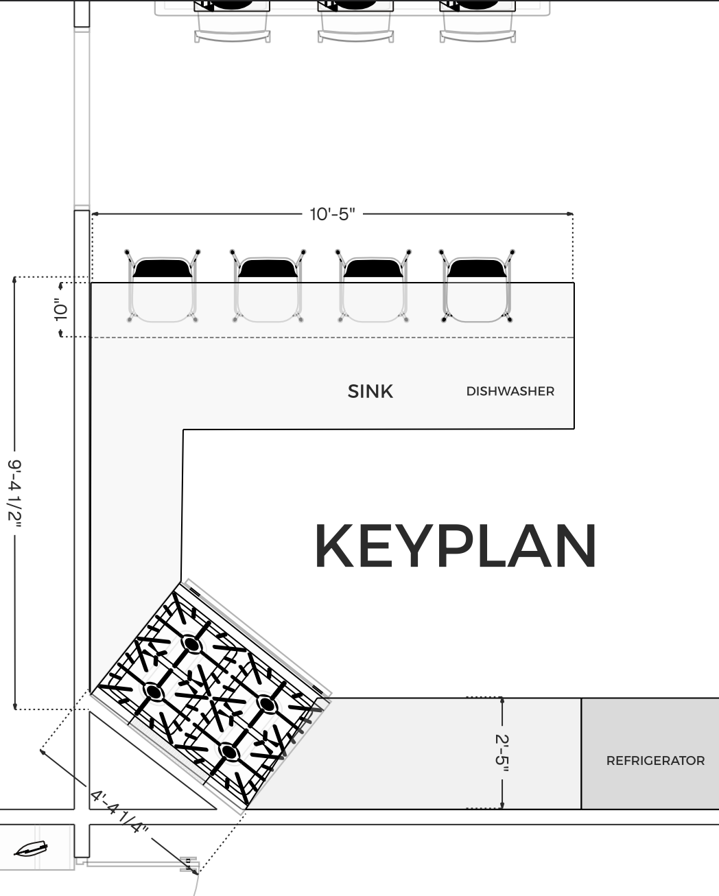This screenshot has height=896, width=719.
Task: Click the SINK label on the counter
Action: click(x=370, y=391)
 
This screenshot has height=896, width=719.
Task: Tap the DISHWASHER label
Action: click(x=510, y=391)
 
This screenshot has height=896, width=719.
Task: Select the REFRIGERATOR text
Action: click(x=655, y=761)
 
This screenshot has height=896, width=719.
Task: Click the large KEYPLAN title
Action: click(x=456, y=545)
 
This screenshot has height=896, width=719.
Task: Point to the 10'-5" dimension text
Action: click(x=332, y=215)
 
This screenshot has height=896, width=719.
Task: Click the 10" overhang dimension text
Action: click(x=61, y=309)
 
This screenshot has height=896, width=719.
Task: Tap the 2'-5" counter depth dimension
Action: click(x=502, y=753)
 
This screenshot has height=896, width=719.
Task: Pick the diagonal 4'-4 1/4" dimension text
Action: click(x=119, y=812)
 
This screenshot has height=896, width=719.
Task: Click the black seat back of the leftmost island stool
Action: click(x=163, y=268)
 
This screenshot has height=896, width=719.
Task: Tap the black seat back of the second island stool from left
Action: click(x=268, y=268)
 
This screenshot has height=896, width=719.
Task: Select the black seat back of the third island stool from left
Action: click(x=373, y=268)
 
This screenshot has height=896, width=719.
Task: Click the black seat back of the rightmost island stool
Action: click(x=477, y=268)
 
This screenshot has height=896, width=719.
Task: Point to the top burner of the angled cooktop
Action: click(x=191, y=645)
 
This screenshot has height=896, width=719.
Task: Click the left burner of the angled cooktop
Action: click(x=153, y=692)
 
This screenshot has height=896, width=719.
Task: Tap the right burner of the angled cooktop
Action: click(x=266, y=705)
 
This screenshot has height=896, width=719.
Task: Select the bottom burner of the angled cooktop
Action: click(x=228, y=751)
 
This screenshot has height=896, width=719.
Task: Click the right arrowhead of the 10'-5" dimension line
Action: click(x=570, y=214)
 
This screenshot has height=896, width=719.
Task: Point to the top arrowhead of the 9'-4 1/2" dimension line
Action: click(x=15, y=280)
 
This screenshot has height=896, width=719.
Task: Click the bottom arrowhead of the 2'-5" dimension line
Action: click(x=502, y=804)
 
